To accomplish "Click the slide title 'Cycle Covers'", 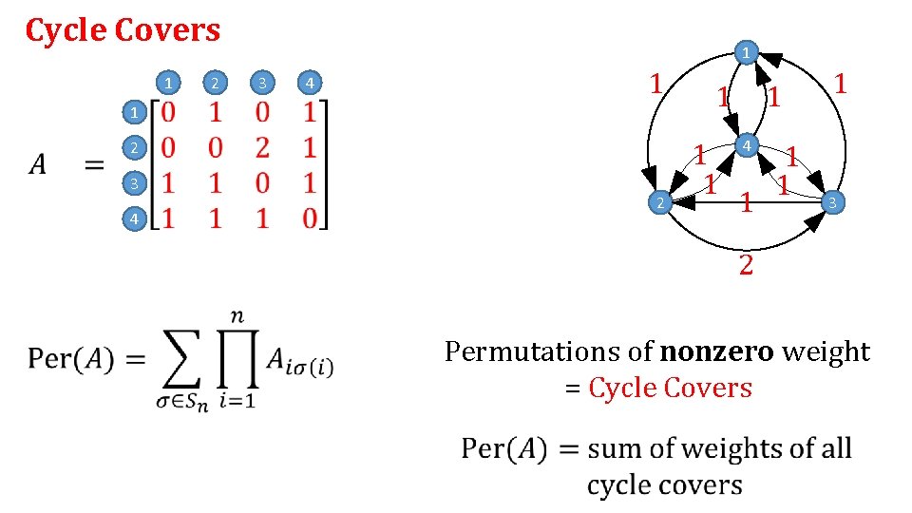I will point(123,30).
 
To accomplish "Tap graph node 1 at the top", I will point(748,51).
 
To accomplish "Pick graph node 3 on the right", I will point(832,201).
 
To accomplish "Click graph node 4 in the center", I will point(748,145).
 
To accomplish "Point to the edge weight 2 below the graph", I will point(747,264).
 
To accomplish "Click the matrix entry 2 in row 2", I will point(262,147).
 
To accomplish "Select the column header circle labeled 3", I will point(261,84).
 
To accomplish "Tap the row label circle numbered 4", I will point(135,219).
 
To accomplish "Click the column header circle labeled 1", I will point(167,84).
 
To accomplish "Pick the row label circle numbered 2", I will point(135,148).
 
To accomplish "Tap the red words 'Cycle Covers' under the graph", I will point(670,388).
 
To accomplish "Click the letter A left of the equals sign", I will point(37,165).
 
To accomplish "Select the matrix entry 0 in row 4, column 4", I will point(310,218).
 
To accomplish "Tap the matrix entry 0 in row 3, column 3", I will point(262,183).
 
